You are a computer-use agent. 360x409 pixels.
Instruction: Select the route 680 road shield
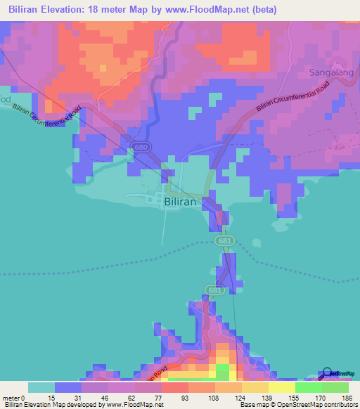(x=140, y=146)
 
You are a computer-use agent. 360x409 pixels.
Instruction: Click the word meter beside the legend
(x=12, y=398)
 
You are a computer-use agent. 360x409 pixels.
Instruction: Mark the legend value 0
(x=28, y=398)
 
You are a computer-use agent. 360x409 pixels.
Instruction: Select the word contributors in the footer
(x=336, y=405)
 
